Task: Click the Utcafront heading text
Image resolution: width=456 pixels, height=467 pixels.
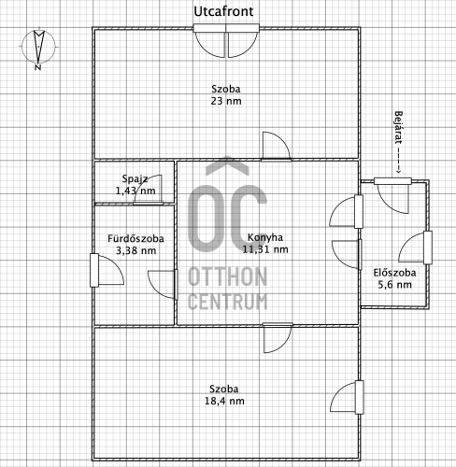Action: (x=223, y=12)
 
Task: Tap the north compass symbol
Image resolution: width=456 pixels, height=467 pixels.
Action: (x=38, y=48)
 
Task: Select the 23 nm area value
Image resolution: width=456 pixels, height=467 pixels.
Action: (x=226, y=101)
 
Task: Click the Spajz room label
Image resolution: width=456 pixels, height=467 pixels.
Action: (x=135, y=179)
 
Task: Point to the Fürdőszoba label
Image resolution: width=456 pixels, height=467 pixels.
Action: (x=135, y=239)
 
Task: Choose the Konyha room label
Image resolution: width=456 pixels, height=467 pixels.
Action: (x=265, y=237)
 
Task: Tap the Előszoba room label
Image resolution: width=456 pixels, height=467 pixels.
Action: (x=394, y=273)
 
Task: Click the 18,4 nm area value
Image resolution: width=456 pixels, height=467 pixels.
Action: (x=224, y=401)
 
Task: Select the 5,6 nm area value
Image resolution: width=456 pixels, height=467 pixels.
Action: (x=394, y=285)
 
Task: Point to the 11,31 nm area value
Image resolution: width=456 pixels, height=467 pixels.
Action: (x=265, y=249)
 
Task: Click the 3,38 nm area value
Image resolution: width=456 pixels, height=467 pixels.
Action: (x=135, y=250)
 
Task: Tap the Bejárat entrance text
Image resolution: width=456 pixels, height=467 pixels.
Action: (x=398, y=128)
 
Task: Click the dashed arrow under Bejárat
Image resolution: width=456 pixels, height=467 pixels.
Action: (x=398, y=160)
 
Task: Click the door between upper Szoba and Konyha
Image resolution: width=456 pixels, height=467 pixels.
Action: (x=277, y=147)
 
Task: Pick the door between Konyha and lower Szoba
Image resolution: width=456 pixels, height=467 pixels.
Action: (x=278, y=338)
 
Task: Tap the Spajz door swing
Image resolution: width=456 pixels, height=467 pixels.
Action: (x=149, y=190)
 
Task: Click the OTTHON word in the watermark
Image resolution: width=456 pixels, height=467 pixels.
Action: (x=227, y=276)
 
